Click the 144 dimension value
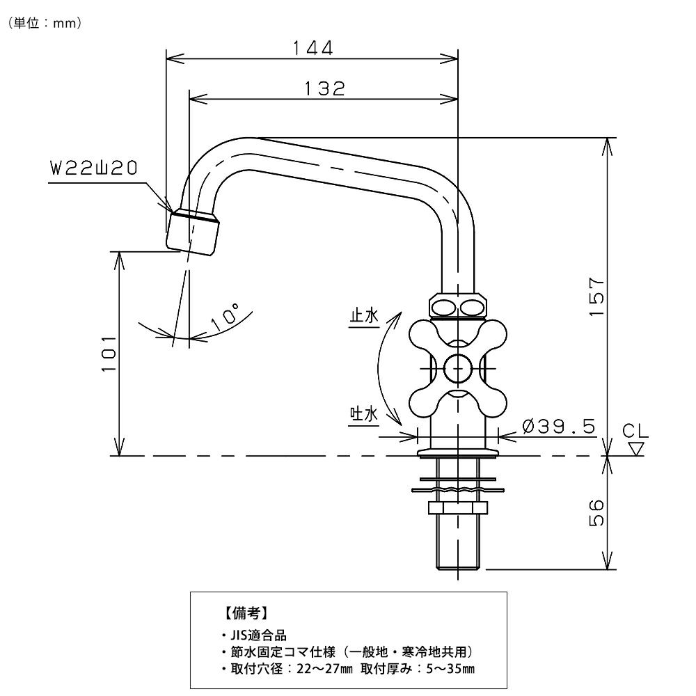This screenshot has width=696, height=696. pos(313,48)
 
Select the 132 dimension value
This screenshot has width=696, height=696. pos(324,88)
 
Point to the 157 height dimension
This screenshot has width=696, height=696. pos(596,297)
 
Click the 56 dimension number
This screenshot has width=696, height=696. pos(596,513)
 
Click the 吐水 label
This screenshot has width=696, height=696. pos(363,415)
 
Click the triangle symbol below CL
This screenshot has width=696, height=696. pos(635,448)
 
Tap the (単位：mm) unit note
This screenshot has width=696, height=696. pos(46,23)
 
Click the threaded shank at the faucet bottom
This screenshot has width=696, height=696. pos(458,543)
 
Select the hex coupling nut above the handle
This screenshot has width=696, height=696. pos(459,306)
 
